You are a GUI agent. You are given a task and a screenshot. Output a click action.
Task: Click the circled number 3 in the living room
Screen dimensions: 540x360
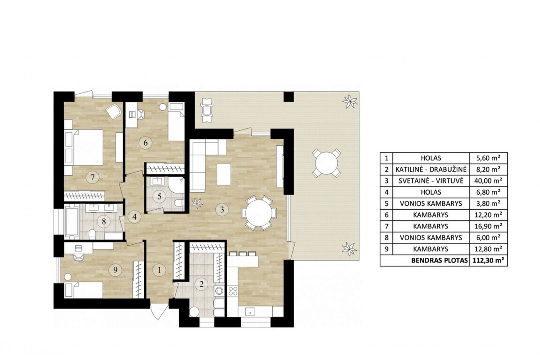tap(222, 210)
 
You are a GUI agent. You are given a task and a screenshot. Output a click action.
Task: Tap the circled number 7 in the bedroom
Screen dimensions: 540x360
tap(93, 178)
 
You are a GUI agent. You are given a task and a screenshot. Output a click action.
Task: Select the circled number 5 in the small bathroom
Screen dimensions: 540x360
tap(159, 196)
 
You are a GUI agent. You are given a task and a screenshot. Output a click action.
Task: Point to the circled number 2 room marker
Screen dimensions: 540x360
tap(202, 284)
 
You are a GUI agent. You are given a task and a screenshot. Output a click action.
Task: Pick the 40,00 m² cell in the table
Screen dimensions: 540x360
tap(488, 181)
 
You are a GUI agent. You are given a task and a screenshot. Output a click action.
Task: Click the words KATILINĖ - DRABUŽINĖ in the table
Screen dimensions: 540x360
tap(431, 170)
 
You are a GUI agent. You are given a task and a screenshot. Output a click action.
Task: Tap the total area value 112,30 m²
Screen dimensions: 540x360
tap(488, 261)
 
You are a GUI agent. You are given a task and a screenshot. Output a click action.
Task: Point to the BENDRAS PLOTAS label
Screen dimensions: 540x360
tap(439, 261)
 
